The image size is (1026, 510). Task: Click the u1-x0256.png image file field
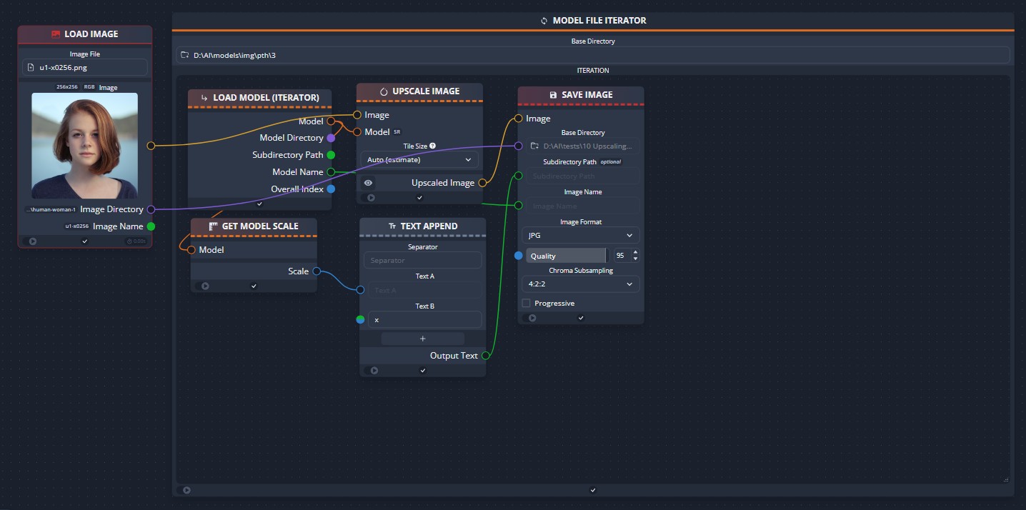pyautogui.click(x=85, y=67)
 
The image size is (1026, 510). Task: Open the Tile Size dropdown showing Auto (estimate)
pyautogui.click(x=419, y=160)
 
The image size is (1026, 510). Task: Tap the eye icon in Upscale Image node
pyautogui.click(x=368, y=183)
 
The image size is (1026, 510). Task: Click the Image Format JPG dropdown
pyautogui.click(x=580, y=235)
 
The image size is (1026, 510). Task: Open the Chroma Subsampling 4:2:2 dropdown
pyautogui.click(x=580, y=284)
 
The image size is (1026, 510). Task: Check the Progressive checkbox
pyautogui.click(x=527, y=304)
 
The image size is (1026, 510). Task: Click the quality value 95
pyautogui.click(x=619, y=256)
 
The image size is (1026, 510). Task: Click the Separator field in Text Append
pyautogui.click(x=422, y=261)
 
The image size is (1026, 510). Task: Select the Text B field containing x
pyautogui.click(x=424, y=320)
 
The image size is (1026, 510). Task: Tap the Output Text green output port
pyautogui.click(x=486, y=356)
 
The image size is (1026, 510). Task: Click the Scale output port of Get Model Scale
pyautogui.click(x=317, y=271)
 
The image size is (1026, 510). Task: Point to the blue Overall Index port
pyautogui.click(x=331, y=189)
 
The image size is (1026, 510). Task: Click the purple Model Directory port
pyautogui.click(x=330, y=138)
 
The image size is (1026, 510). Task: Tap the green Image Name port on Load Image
pyautogui.click(x=151, y=226)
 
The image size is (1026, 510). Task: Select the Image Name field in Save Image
pyautogui.click(x=582, y=206)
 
